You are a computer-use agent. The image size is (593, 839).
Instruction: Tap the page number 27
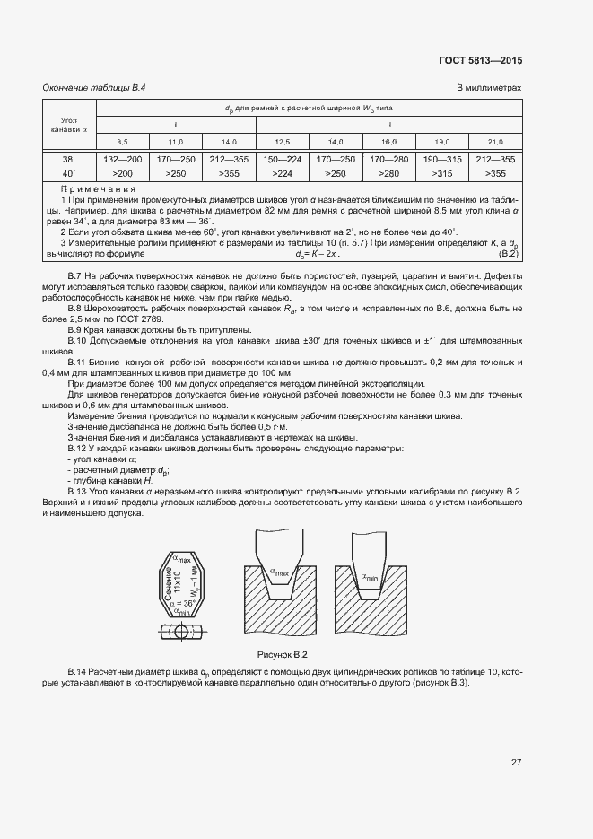pyautogui.click(x=516, y=763)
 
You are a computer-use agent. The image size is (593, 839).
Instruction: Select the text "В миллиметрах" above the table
pyautogui.click(x=489, y=87)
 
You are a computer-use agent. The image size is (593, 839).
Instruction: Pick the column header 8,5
pyautogui.click(x=122, y=142)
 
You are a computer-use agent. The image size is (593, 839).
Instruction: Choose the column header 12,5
pyautogui.click(x=283, y=142)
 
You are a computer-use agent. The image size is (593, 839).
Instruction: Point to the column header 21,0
pyautogui.click(x=494, y=142)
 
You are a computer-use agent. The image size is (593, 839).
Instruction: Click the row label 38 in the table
pyautogui.click(x=68, y=159)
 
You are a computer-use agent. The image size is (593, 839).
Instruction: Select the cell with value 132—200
pyautogui.click(x=123, y=159)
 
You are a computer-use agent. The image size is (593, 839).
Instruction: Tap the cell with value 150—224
pyautogui.click(x=283, y=159)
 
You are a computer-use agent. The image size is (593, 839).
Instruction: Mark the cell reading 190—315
pyautogui.click(x=441, y=159)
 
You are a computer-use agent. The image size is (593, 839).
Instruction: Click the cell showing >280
pyautogui.click(x=388, y=172)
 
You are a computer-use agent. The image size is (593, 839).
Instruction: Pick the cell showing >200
pyautogui.click(x=123, y=172)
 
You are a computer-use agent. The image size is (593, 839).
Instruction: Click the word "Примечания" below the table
pyautogui.click(x=97, y=190)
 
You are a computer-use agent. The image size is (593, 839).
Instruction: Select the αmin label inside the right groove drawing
pyautogui.click(x=370, y=577)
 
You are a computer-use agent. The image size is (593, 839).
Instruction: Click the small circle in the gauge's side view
pyautogui.click(x=182, y=632)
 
